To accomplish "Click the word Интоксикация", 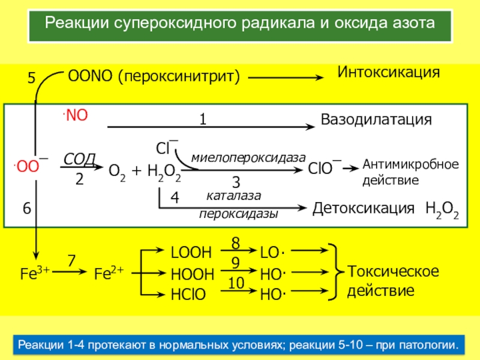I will (388, 73).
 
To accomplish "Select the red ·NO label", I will (74, 115).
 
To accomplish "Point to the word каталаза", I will (235, 196).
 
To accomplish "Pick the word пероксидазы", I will (239, 214).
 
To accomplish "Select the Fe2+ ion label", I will (109, 273).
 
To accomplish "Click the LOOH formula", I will (192, 254).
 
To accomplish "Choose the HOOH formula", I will (192, 274).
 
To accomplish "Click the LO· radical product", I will (271, 254).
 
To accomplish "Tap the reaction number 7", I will (71, 261).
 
